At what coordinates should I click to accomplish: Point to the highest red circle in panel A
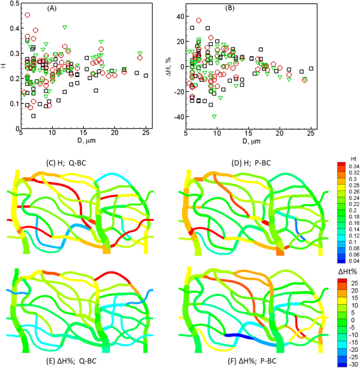click(x=27, y=15)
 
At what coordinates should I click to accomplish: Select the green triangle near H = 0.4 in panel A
click(x=65, y=27)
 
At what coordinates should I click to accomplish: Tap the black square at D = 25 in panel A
click(x=146, y=76)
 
